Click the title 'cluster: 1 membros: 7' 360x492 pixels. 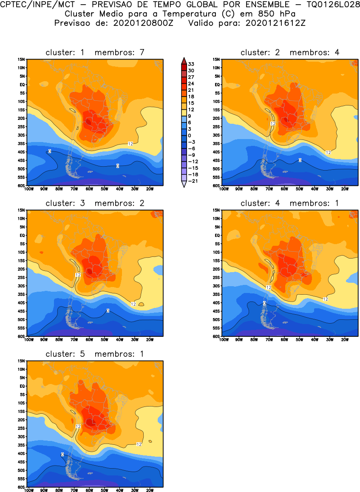point(95,52)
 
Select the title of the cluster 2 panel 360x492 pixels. point(290,52)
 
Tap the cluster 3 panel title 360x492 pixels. point(95,203)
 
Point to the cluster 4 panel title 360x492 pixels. point(290,203)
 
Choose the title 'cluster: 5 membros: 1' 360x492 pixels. point(95,354)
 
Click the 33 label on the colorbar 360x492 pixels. point(191,64)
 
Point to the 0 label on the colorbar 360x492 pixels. point(191,135)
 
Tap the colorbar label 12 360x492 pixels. point(191,109)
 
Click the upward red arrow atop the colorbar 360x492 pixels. point(183,60)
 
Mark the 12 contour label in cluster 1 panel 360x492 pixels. point(130,144)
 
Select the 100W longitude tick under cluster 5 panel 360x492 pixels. point(29,490)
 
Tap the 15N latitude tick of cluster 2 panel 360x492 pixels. point(216,59)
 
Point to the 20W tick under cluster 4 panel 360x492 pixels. point(344,339)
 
